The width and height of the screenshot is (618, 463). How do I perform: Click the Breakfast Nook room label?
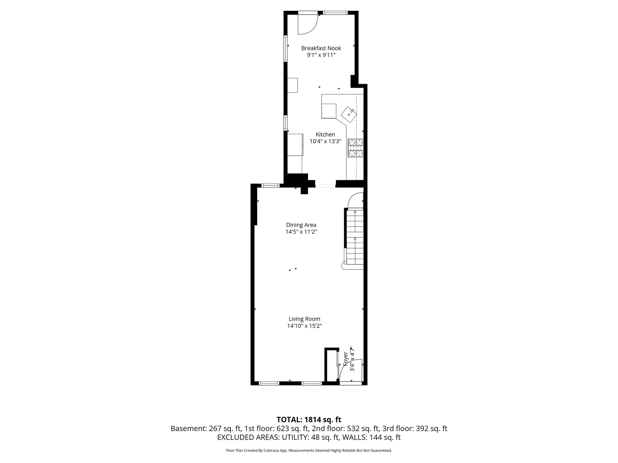(321, 48)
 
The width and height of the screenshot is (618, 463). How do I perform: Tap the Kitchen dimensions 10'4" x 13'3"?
(325, 141)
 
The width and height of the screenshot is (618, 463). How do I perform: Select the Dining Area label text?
(301, 225)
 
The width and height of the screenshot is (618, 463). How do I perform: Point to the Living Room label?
(304, 319)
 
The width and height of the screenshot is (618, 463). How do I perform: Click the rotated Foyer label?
(346, 359)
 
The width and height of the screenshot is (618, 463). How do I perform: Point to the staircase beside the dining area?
(355, 237)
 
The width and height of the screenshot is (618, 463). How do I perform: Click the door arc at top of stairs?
(355, 200)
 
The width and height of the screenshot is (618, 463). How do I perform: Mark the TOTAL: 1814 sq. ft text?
(309, 420)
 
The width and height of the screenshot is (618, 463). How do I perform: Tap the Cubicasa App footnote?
(309, 451)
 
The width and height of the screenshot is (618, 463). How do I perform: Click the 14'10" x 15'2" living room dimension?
(304, 326)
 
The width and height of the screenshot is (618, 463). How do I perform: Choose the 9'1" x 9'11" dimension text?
(321, 55)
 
